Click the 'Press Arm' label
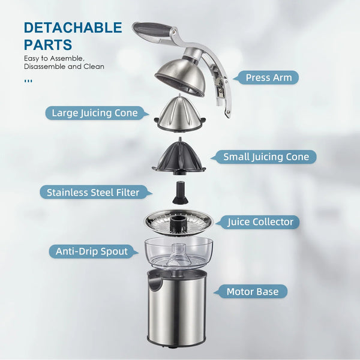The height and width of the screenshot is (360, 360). pyautogui.click(x=269, y=77)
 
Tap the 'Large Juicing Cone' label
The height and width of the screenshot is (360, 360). pyautogui.click(x=95, y=113)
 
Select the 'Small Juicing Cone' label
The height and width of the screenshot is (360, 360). pyautogui.click(x=266, y=157)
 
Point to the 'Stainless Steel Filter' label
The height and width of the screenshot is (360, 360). pyautogui.click(x=93, y=193)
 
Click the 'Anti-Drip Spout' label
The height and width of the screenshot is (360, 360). pyautogui.click(x=92, y=251)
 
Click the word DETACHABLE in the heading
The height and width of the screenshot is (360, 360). pyautogui.click(x=73, y=28)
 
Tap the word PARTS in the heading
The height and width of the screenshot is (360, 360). pyautogui.click(x=48, y=44)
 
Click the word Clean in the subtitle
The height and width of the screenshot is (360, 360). pyautogui.click(x=94, y=67)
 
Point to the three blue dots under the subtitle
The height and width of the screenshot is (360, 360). pyautogui.click(x=28, y=81)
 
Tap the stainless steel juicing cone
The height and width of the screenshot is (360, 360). pyautogui.click(x=180, y=113)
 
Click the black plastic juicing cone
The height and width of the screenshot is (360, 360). pyautogui.click(x=179, y=157)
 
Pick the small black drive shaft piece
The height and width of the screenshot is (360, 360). pyautogui.click(x=180, y=193)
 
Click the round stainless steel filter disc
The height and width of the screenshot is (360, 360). pyautogui.click(x=179, y=222)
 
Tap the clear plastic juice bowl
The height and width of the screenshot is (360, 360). pyautogui.click(x=179, y=253)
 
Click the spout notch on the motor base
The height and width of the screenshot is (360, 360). pyautogui.click(x=155, y=282)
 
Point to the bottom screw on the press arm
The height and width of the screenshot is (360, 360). pyautogui.click(x=228, y=113)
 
